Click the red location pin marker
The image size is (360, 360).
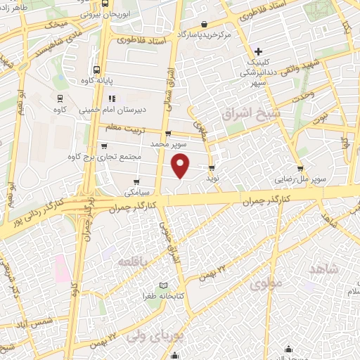(x=181, y=166)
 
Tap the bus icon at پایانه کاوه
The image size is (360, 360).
(x=96, y=69)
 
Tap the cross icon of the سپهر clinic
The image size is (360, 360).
(x=258, y=51)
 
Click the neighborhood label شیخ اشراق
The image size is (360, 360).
(x=242, y=112)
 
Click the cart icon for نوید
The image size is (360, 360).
(x=212, y=167)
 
